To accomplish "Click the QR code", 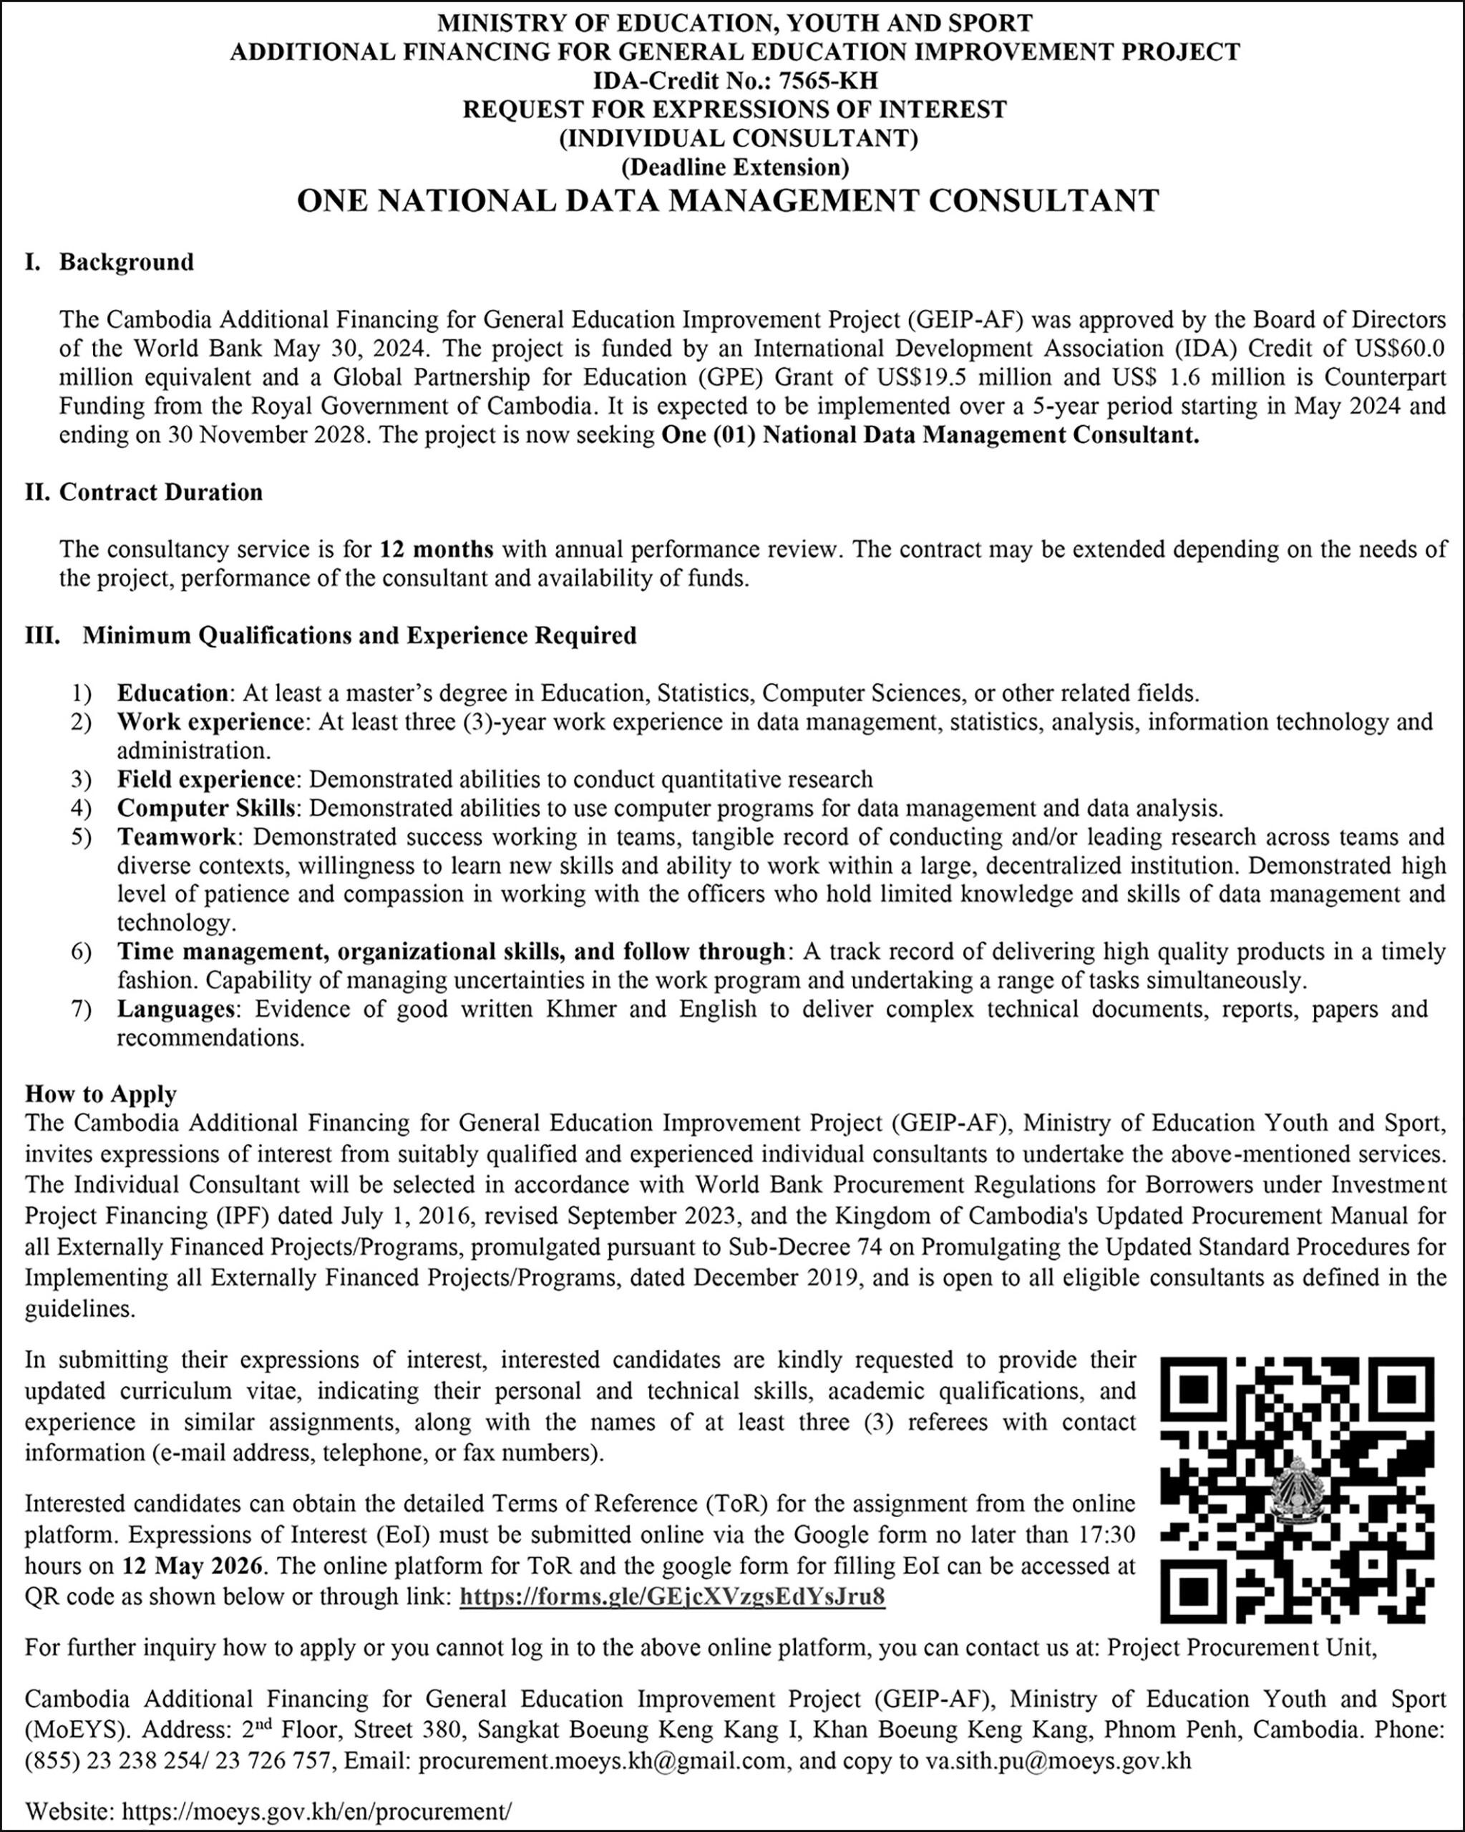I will click(x=1298, y=1486).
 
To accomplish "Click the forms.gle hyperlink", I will click(x=671, y=1597).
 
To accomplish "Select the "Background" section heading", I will click(x=126, y=262).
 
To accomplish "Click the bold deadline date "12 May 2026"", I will click(x=194, y=1565).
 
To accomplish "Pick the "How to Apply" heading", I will click(x=101, y=1093).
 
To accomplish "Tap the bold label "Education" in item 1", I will click(x=172, y=693).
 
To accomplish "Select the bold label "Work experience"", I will click(x=210, y=721).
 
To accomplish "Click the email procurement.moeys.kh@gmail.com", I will click(x=603, y=1760).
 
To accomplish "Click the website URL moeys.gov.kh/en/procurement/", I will click(x=318, y=1811).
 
